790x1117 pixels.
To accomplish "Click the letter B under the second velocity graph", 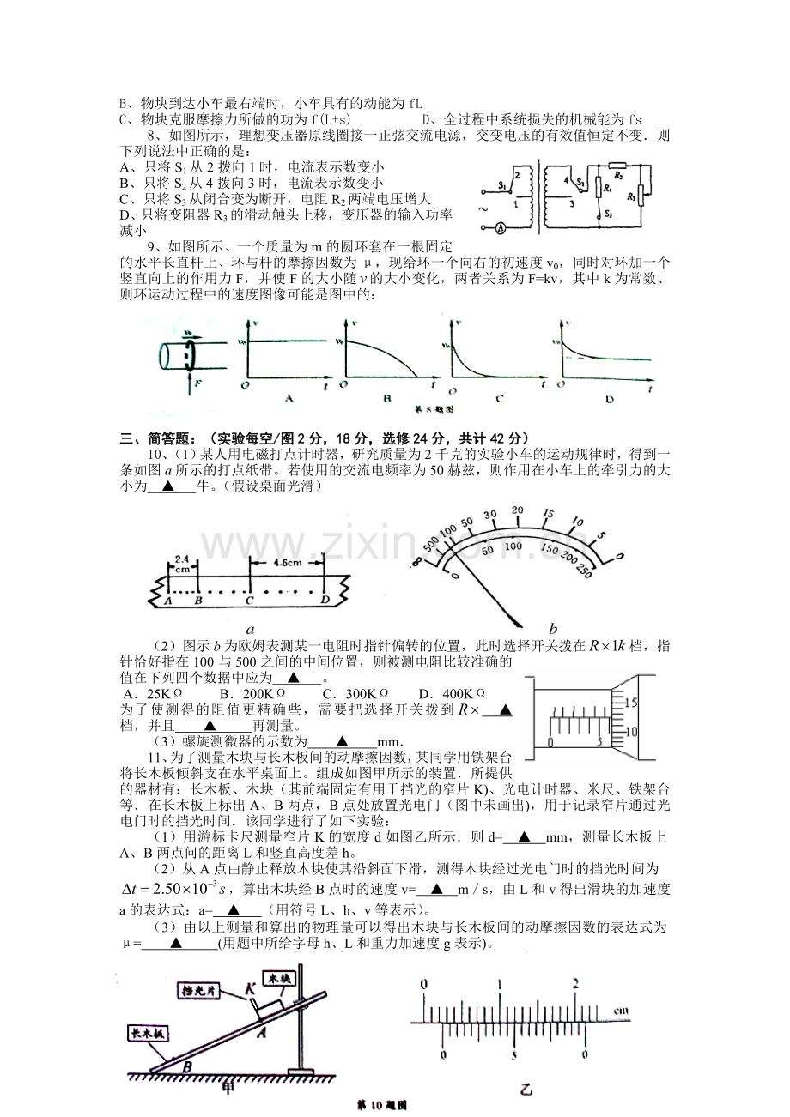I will point(386,397).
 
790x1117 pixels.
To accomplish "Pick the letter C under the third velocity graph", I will point(497,397).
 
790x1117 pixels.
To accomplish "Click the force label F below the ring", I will point(197,383).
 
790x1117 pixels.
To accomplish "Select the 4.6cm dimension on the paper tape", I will point(283,563).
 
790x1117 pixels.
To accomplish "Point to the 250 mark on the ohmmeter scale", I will point(586,572).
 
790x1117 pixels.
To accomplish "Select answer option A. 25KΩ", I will point(153,694).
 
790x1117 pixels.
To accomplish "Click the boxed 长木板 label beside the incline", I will point(148,1034).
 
